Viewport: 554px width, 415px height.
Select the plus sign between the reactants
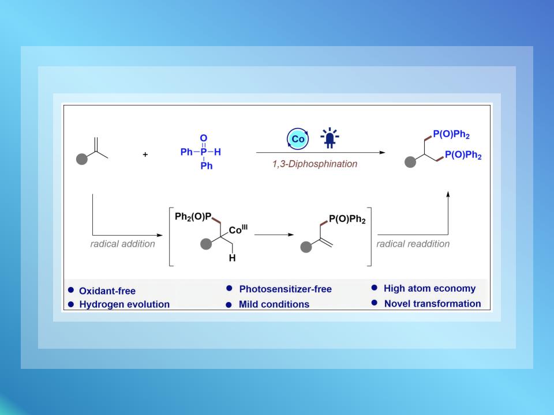(145, 154)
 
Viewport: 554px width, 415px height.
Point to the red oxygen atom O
(203, 138)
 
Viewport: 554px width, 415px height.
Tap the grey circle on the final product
(409, 164)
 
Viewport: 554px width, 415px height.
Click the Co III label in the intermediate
(237, 229)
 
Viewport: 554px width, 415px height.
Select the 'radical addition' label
(122, 244)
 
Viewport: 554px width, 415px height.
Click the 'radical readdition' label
(413, 244)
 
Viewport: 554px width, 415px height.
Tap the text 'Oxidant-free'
(107, 290)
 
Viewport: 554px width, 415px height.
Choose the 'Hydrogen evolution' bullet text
(124, 304)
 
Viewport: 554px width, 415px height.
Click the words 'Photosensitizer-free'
(285, 289)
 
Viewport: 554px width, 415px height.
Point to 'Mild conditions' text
(274, 304)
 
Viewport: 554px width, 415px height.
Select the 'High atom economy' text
(429, 289)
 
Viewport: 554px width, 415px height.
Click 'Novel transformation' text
(432, 304)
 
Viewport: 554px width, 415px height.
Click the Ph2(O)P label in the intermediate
(194, 216)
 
